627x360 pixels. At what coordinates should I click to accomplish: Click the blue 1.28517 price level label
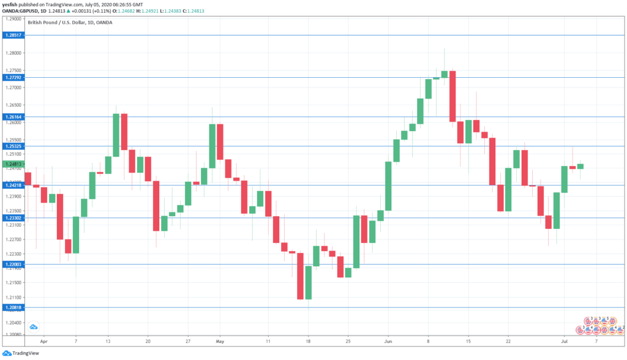point(13,36)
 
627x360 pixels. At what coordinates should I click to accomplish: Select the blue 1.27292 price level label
point(13,78)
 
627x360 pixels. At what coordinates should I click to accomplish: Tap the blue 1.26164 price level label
point(13,116)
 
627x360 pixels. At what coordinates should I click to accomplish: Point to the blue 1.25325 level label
point(13,146)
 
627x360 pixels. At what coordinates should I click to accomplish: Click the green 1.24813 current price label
point(13,164)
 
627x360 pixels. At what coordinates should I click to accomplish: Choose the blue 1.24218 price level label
point(13,185)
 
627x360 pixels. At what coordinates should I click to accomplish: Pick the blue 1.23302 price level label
point(13,218)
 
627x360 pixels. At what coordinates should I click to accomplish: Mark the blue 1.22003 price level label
point(13,264)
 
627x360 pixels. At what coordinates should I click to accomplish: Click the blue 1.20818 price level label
point(13,307)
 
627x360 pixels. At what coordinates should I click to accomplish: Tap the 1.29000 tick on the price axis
point(13,20)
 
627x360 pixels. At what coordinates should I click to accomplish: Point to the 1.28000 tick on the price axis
point(13,53)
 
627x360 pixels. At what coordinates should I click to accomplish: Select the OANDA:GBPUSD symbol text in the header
point(24,10)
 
